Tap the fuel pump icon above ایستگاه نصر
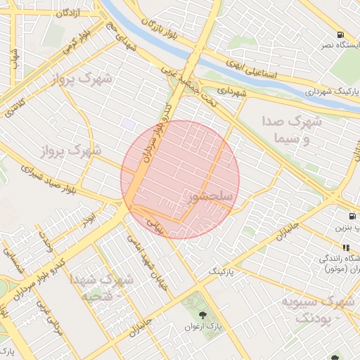coord(340,34)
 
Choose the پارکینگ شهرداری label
coord(328,91)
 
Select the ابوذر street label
coord(87,219)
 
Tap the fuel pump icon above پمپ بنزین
coord(351,216)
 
